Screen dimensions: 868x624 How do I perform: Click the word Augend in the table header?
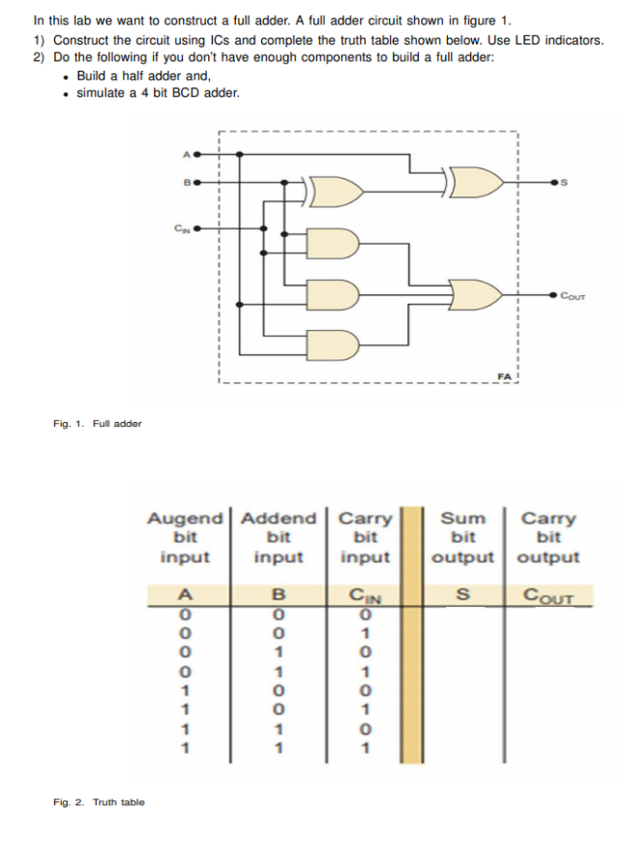tap(184, 519)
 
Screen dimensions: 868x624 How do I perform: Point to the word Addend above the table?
tap(278, 519)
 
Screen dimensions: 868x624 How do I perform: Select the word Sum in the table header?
tap(463, 519)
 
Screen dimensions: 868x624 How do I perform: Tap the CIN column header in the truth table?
tap(365, 596)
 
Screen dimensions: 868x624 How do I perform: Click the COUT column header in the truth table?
tap(548, 596)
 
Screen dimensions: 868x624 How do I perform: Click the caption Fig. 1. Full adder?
tap(97, 423)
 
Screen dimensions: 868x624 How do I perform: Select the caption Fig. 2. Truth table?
tap(99, 802)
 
